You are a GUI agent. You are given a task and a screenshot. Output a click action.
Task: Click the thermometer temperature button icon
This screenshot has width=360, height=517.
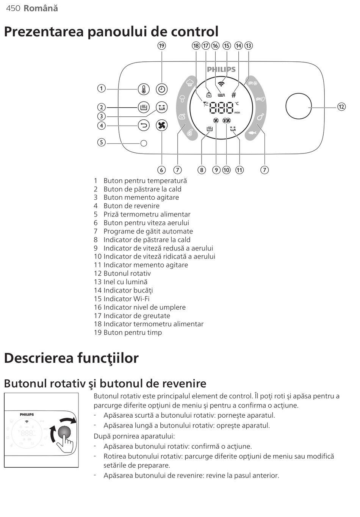[144, 89]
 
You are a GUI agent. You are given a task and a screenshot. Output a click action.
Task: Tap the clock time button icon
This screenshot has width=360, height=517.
[162, 89]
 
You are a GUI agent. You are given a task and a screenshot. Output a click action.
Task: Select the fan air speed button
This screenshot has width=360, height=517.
[162, 125]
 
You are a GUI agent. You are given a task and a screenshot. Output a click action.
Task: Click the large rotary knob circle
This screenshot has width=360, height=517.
[299, 107]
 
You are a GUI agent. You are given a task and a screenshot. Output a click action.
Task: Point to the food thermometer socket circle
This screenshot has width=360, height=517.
[144, 143]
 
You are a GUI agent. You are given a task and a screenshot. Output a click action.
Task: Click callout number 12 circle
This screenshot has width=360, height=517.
[341, 107]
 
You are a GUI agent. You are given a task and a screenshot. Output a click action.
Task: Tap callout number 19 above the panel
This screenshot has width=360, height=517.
[162, 46]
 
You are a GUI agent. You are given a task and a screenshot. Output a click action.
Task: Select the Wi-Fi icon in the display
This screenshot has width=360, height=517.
[221, 84]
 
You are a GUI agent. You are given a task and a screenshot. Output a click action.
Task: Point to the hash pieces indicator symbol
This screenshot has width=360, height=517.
[234, 95]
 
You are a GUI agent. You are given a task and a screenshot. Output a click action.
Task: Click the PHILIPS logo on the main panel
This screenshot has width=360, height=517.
[221, 69]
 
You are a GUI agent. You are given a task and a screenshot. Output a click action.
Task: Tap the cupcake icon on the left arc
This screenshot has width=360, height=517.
[189, 82]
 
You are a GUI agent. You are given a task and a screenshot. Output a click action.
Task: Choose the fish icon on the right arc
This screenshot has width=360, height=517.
[253, 133]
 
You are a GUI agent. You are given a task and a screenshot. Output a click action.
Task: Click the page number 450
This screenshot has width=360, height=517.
[13, 8]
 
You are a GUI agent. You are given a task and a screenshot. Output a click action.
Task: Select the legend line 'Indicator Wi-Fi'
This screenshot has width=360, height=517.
[122, 299]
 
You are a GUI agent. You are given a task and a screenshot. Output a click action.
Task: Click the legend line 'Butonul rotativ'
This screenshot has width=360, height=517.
[122, 273]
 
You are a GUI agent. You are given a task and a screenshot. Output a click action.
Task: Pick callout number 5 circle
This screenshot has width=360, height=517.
[101, 143]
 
